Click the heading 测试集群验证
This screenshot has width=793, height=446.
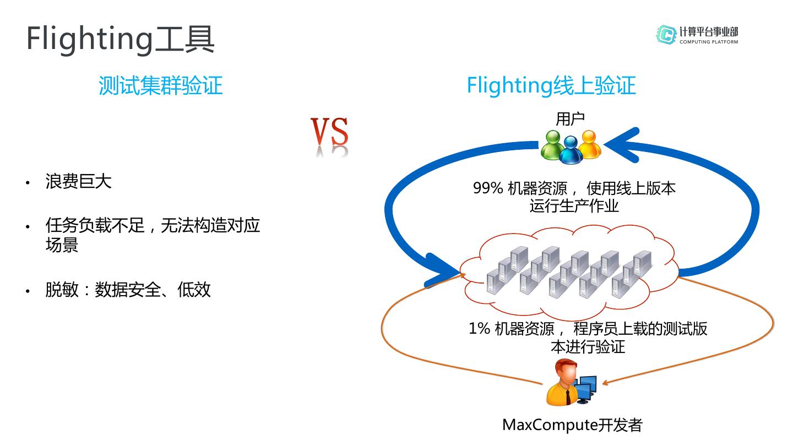(160, 86)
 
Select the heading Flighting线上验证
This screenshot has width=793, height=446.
(551, 86)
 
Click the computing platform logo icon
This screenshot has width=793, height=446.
(666, 34)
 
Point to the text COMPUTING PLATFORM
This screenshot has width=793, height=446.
(709, 42)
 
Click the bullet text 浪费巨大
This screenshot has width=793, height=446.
(79, 182)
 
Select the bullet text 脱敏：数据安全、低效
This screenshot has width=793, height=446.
(128, 290)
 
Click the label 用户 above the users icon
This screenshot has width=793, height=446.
(570, 118)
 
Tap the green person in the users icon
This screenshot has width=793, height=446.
(552, 145)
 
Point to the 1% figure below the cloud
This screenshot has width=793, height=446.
(479, 329)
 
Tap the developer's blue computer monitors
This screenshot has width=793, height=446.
(585, 388)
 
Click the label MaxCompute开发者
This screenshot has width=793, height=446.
(572, 425)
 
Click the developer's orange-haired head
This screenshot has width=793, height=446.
(565, 372)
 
